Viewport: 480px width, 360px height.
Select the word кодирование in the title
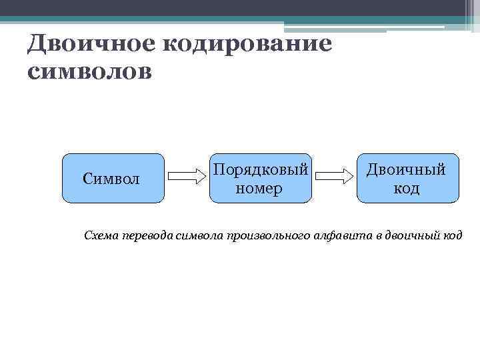[x=245, y=45]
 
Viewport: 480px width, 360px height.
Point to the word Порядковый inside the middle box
[x=260, y=169]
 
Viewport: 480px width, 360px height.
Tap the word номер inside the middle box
[x=260, y=188]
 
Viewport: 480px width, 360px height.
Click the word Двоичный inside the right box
[x=407, y=169]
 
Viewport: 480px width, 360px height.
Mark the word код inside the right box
[x=407, y=188]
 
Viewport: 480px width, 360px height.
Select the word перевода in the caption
[x=147, y=236]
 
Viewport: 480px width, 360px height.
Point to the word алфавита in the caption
[x=340, y=236]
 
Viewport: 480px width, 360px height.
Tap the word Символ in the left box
[x=111, y=178]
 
